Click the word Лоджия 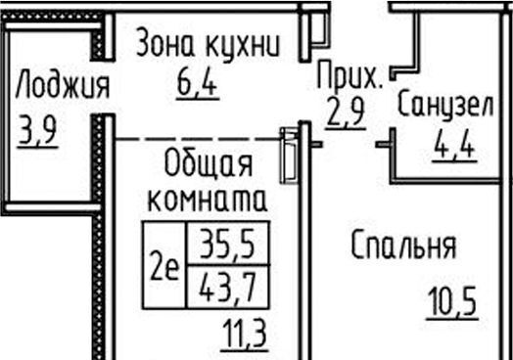tap(62, 87)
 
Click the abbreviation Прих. tap(351, 73)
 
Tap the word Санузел tap(443, 107)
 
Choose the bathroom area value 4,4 tap(454, 148)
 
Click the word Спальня tap(404, 247)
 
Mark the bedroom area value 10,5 tap(451, 301)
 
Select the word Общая tap(208, 161)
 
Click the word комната tap(207, 200)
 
